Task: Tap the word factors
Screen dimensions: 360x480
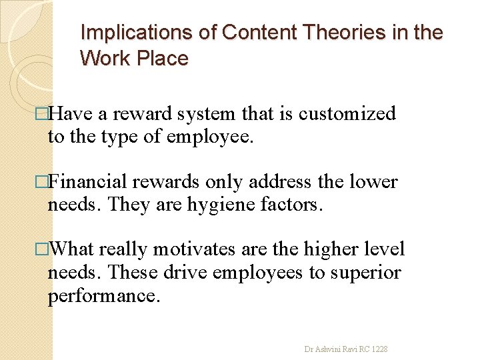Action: [292, 205]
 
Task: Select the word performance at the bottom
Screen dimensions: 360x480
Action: [105, 295]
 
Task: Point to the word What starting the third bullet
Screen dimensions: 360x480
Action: [74, 250]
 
